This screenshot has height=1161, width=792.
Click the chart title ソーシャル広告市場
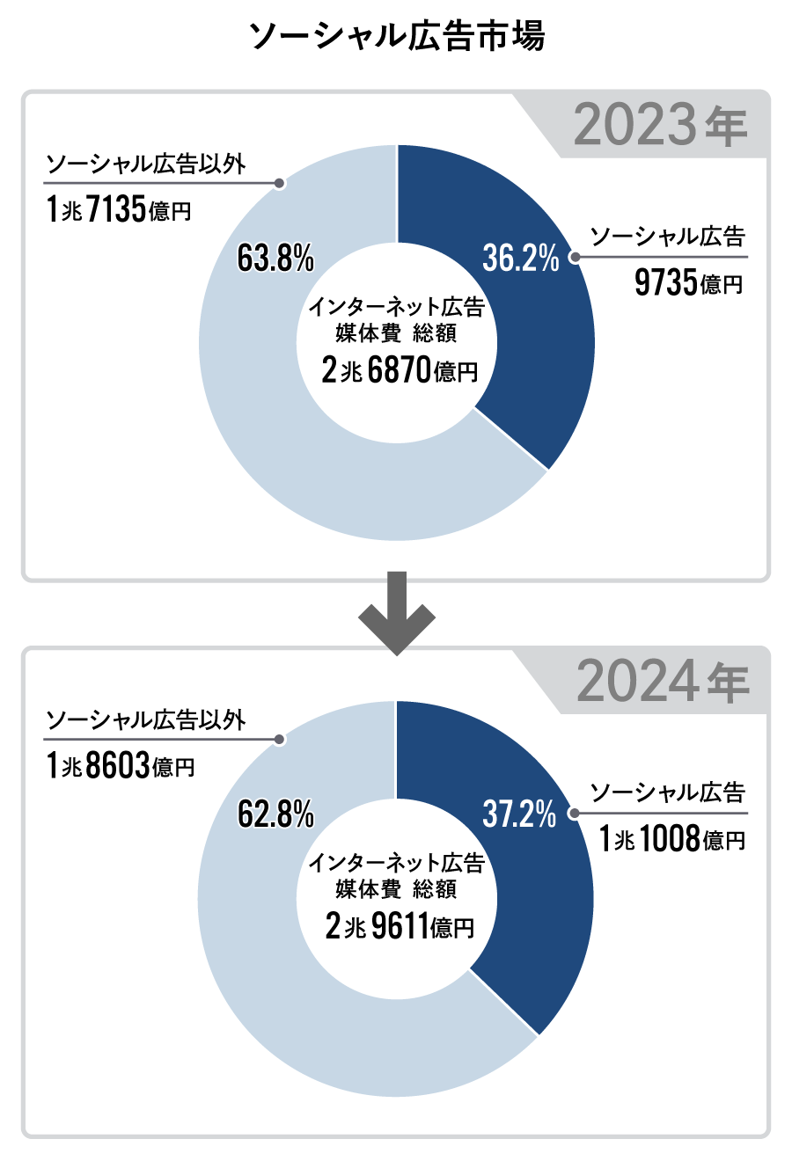pos(396,36)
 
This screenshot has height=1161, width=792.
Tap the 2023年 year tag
pos(660,125)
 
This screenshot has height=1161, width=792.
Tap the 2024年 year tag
pos(662,682)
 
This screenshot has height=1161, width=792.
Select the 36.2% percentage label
pos(520,258)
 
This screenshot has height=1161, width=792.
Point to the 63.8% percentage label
pos(275,258)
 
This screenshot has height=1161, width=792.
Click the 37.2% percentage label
pos(519,814)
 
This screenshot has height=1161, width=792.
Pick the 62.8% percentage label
pos(275,814)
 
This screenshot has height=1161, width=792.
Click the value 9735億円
pos(688,283)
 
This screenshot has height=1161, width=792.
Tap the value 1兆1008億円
pos(672,839)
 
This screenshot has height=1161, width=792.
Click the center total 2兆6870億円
pos(400,370)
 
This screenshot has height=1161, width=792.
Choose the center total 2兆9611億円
pos(400,926)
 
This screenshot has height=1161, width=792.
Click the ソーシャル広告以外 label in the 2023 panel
pos(145,164)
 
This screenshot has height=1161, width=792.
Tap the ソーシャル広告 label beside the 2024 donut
pos(667,792)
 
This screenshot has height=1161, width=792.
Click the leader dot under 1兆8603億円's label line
pos(279,740)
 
